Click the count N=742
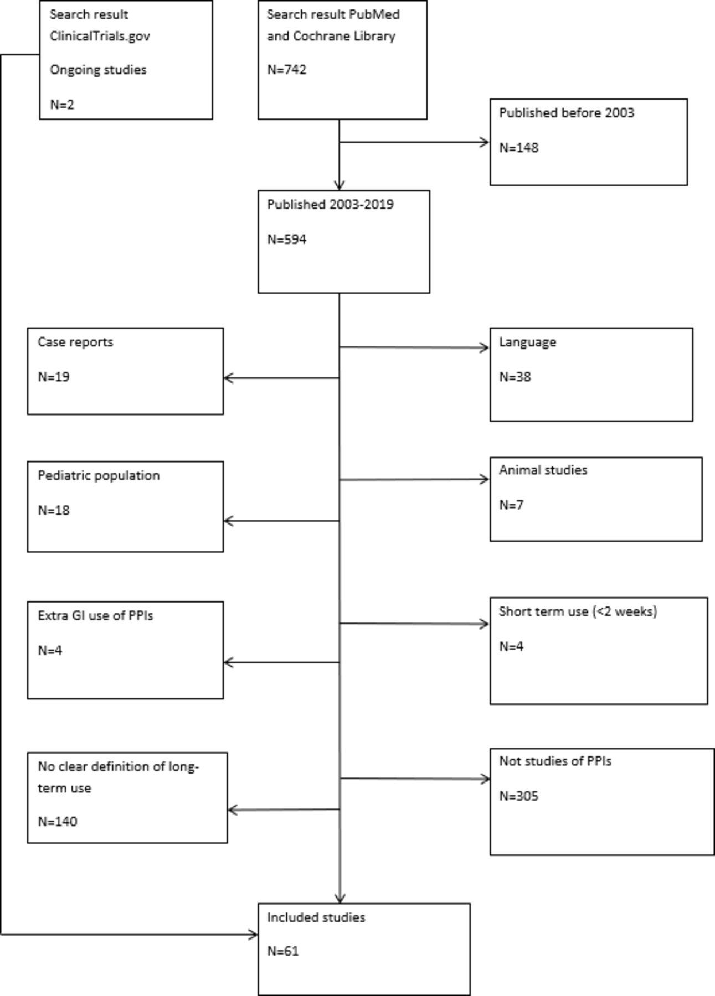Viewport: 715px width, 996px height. [286, 70]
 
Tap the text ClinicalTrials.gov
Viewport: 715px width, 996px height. [100, 37]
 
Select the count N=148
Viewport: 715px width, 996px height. [518, 148]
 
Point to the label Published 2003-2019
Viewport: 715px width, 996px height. [330, 205]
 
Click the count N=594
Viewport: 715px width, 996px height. [286, 240]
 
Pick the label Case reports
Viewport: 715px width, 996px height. [75, 343]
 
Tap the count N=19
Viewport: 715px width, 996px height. [54, 377]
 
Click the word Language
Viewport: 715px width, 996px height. [527, 343]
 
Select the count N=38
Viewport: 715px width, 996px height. [515, 377]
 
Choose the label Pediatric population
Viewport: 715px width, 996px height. [99, 476]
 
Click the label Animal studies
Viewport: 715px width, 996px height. [543, 470]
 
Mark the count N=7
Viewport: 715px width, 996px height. [511, 505]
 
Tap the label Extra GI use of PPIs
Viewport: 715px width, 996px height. [95, 616]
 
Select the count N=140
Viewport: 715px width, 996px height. [58, 822]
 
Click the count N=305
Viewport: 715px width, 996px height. [518, 796]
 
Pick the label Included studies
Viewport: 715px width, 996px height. [316, 917]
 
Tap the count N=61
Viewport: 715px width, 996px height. [283, 951]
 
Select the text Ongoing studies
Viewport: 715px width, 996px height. [98, 70]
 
